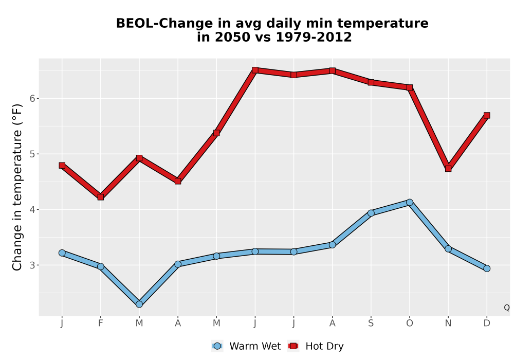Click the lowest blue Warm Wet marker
tap(139, 304)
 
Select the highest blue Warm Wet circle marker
tap(410, 202)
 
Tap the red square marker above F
tap(101, 197)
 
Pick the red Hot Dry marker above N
tap(448, 169)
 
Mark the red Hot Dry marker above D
tap(487, 115)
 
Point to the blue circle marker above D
tap(487, 268)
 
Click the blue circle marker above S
tap(371, 213)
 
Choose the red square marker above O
tap(410, 87)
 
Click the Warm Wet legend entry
tap(246, 346)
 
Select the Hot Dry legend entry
tap(316, 346)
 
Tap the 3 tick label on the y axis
tap(32, 265)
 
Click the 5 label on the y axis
tap(32, 154)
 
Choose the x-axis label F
tap(101, 323)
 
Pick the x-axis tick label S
tap(371, 323)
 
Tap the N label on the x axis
tap(448, 323)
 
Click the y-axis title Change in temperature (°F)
tap(17, 187)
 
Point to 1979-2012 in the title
tap(314, 37)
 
